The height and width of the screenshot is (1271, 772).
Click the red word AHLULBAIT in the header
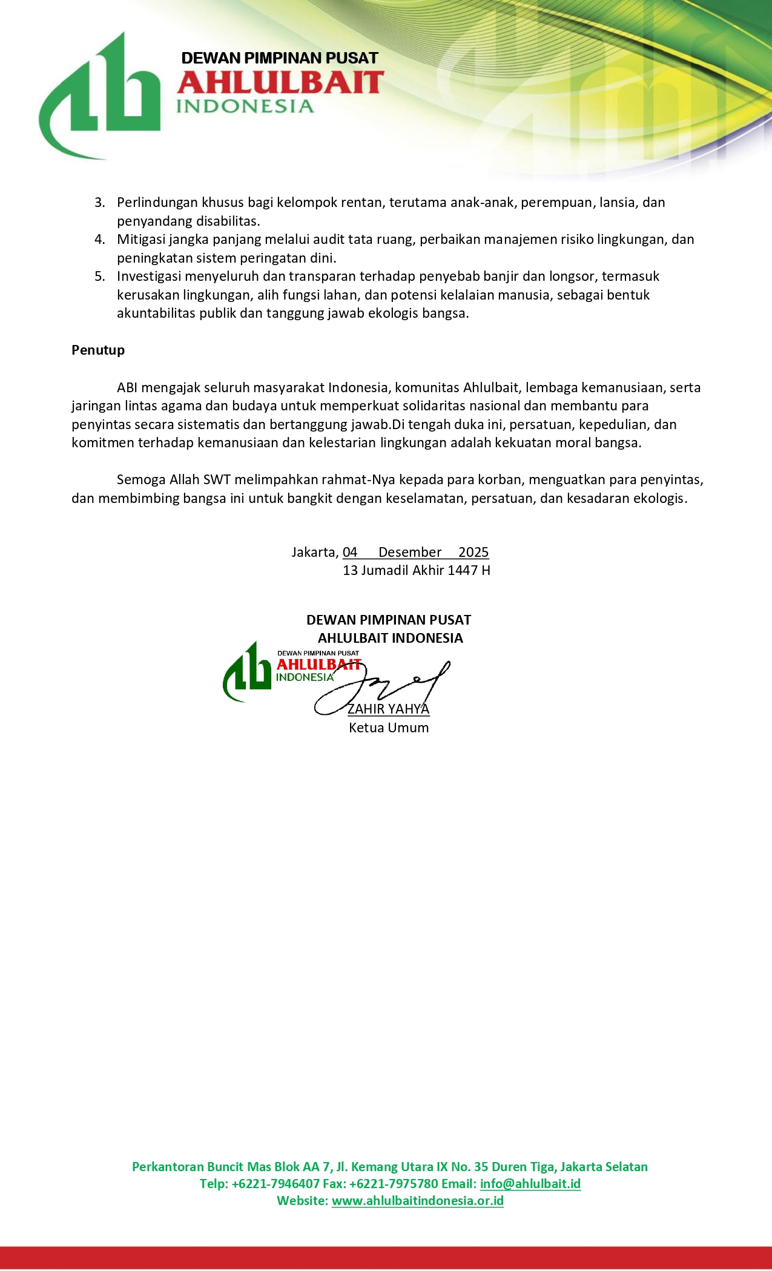click(280, 83)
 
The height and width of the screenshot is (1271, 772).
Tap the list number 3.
click(99, 203)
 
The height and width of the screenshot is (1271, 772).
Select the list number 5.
click(99, 277)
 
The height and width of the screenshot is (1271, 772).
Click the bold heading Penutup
click(98, 350)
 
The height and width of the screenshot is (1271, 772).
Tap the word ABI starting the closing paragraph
click(127, 387)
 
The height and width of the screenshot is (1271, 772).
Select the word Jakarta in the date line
click(314, 552)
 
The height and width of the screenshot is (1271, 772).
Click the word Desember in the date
click(410, 552)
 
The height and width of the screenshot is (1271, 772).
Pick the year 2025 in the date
click(473, 552)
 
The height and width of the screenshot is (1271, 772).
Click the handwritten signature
click(388, 687)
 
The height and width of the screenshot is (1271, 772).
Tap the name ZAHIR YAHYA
click(388, 709)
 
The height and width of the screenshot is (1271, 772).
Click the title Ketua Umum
click(389, 728)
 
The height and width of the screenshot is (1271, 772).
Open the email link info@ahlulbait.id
click(530, 1184)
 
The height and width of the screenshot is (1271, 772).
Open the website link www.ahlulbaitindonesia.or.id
click(418, 1201)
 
